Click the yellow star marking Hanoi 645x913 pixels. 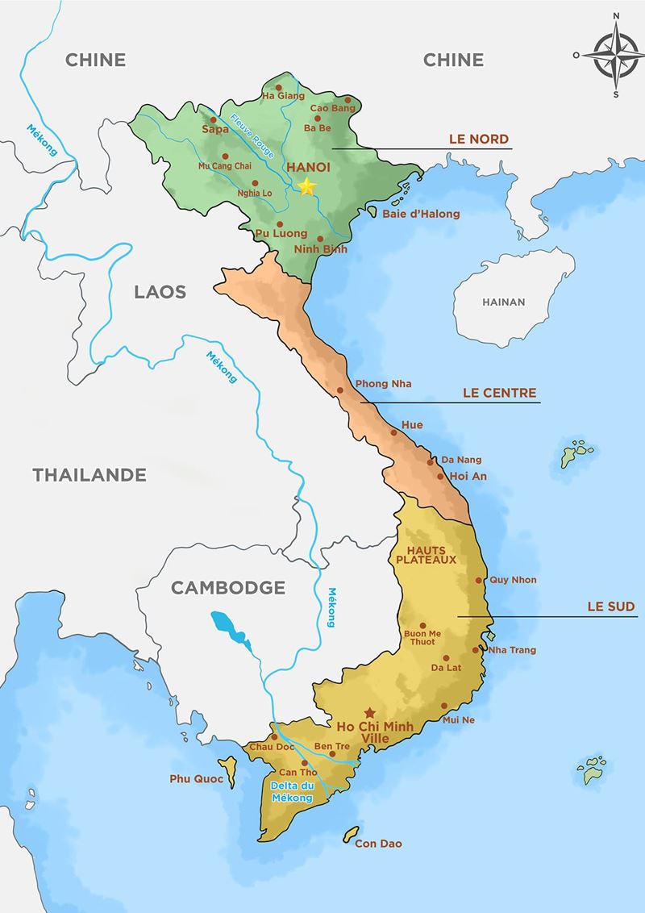pyautogui.click(x=306, y=187)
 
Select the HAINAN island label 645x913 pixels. pyautogui.click(x=503, y=302)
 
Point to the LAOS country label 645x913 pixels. pyautogui.click(x=160, y=292)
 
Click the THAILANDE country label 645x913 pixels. pyautogui.click(x=89, y=475)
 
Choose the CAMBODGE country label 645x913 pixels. pyautogui.click(x=228, y=588)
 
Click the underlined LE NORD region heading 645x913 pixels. pyautogui.click(x=479, y=140)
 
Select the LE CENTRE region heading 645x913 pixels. pyautogui.click(x=499, y=394)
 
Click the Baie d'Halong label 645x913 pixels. pyautogui.click(x=421, y=214)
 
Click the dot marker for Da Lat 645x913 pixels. pyautogui.click(x=446, y=657)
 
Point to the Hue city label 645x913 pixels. pyautogui.click(x=411, y=425)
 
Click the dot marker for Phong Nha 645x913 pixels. pyautogui.click(x=340, y=390)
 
